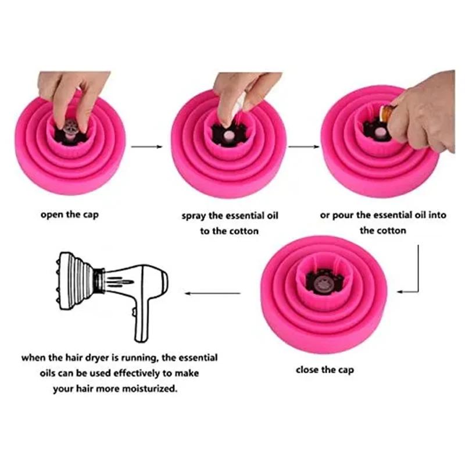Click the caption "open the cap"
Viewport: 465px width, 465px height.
coord(69,214)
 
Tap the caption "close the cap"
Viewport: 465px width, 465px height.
coord(324,370)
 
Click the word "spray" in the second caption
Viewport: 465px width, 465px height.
coord(195,216)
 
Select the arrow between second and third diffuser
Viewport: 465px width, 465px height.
coord(303,147)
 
